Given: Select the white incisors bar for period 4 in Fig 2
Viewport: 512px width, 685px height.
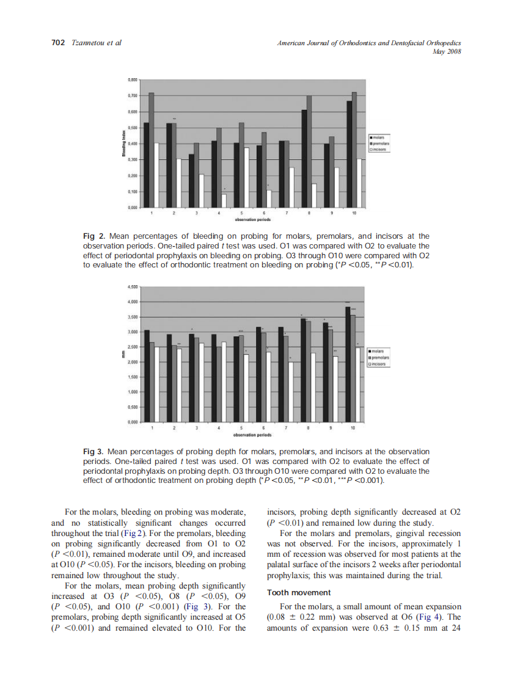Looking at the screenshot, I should click(x=224, y=201).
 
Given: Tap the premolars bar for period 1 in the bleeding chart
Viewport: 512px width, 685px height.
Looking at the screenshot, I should click(x=151, y=150).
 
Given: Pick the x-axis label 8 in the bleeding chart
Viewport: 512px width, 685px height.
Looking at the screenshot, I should click(x=310, y=213).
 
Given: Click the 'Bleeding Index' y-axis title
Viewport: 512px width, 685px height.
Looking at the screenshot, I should click(x=124, y=143).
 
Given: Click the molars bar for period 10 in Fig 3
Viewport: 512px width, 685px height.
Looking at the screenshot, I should click(x=348, y=364).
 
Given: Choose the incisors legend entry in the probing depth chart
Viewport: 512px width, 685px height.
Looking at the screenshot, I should click(x=378, y=364).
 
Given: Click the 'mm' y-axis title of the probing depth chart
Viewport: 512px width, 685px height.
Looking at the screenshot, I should click(x=124, y=354).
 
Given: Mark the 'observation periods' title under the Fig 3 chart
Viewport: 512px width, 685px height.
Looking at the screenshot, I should click(x=252, y=435).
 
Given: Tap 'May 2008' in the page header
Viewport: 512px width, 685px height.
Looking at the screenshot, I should click(x=446, y=51).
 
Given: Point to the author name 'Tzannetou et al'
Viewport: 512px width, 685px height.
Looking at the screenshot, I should click(x=97, y=43).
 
